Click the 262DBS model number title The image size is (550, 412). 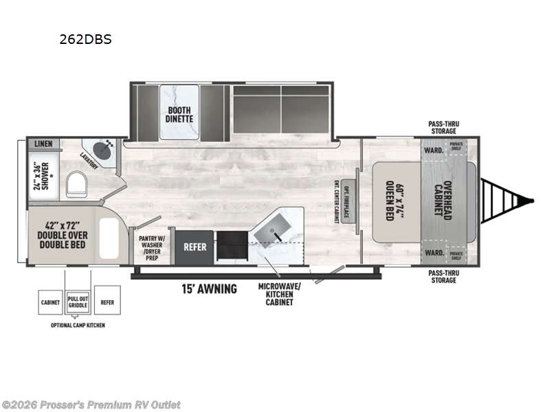85,39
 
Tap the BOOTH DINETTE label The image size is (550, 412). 179,113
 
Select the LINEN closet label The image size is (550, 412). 43,144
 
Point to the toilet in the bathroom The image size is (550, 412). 77,183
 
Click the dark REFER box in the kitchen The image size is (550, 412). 195,247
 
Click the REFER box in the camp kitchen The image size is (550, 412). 107,301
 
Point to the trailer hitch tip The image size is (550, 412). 532,201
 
